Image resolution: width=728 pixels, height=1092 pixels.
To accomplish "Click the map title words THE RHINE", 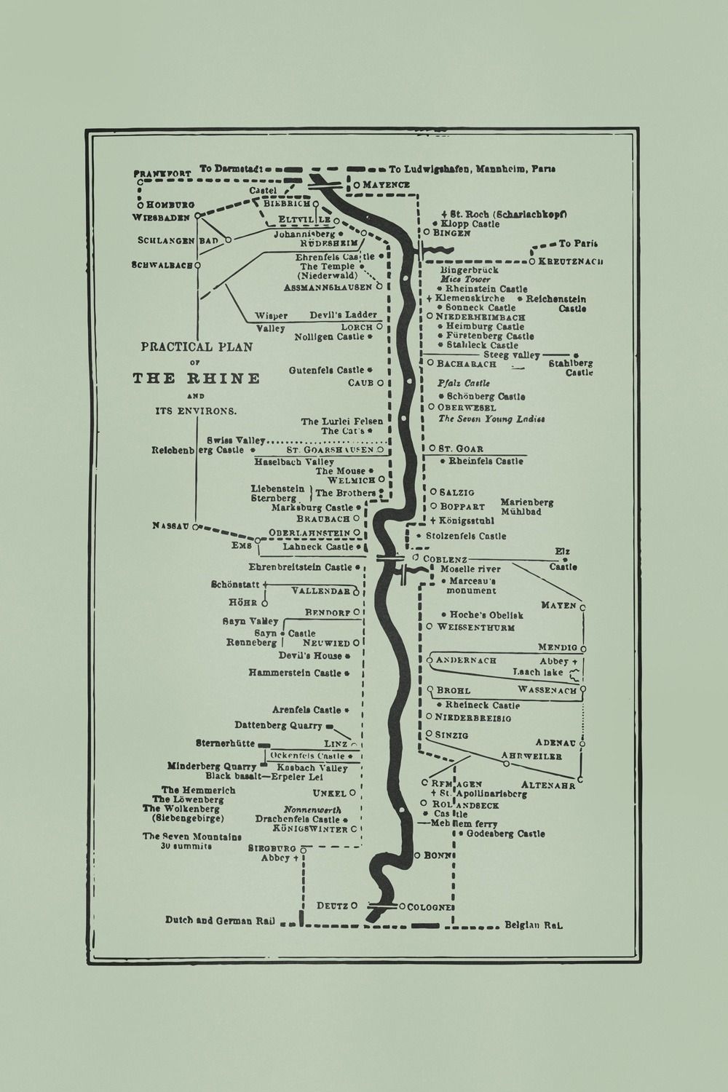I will pos(196,379).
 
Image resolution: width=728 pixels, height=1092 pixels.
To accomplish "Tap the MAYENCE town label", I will pos(387,185).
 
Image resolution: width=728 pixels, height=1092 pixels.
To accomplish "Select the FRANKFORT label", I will pos(162,173).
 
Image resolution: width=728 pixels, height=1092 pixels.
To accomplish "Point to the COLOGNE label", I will pos(431,907).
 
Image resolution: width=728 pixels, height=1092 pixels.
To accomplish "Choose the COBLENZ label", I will pos(446,559).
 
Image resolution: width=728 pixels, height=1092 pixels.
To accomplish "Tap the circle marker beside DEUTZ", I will pos(354,906).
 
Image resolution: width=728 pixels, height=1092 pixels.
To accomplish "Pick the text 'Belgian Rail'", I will pos(534,926).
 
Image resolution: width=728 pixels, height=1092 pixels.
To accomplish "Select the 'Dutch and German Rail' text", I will pos(219,920).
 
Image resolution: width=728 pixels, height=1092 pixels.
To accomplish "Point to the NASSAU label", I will pos(171,526).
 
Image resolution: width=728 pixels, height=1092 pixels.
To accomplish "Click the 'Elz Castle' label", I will pos(563,559).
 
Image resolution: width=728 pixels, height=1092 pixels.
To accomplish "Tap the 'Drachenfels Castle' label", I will pos(298,819).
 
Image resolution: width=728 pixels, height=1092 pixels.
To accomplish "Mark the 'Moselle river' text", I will pos(470,569).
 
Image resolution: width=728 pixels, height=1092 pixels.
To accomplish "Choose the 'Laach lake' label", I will pos(537,672).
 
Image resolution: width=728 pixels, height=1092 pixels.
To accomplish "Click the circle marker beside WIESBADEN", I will pos(197,216).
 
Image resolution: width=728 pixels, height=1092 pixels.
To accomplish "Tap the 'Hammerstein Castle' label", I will pos(295,673).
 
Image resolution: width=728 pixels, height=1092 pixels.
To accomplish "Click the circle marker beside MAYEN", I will pos(582,606).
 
